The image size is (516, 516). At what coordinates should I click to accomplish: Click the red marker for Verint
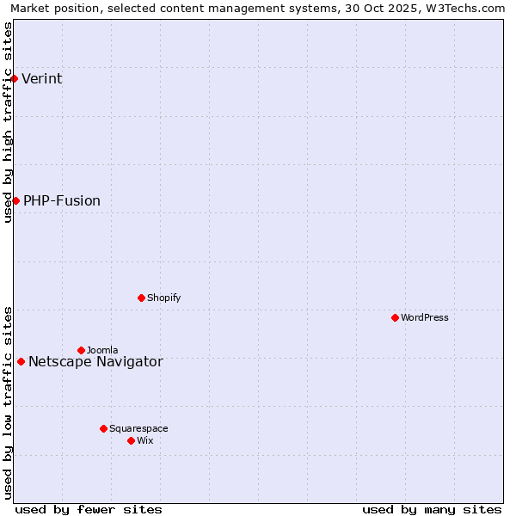point(14,78)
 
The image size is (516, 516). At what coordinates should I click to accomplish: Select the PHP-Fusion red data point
point(15,200)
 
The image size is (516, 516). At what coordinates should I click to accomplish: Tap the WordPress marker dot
point(395,317)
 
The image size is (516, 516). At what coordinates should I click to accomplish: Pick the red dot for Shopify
point(141,298)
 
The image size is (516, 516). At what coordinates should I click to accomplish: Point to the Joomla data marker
point(81,350)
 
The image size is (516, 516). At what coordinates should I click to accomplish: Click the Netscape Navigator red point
point(21,361)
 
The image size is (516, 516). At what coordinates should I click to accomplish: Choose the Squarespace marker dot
point(103,428)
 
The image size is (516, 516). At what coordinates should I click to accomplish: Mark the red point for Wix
point(131,440)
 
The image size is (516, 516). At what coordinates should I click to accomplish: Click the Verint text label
point(41,79)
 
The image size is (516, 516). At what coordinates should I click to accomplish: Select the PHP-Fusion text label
point(62,201)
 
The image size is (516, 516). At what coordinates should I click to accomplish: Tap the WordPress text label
point(425,317)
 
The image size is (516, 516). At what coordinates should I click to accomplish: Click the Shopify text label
point(163,298)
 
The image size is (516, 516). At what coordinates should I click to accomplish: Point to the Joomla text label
point(102,350)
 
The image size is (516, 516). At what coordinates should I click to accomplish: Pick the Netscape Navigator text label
point(95,362)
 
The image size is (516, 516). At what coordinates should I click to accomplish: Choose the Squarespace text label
point(138,428)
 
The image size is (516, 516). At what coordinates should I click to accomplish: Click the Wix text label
point(144,440)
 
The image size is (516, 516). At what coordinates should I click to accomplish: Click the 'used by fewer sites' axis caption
point(89,509)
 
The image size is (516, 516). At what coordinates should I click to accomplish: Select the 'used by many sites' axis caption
point(432,509)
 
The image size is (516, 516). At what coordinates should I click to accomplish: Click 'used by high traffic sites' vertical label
point(8,122)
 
